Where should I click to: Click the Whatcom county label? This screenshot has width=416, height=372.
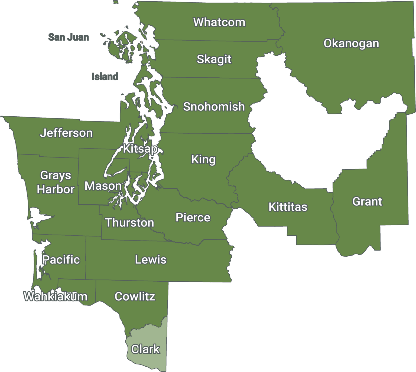(x=219, y=22)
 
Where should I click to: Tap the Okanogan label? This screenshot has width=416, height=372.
(x=351, y=44)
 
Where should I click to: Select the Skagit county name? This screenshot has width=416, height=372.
(x=214, y=59)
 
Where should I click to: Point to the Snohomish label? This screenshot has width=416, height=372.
(x=214, y=107)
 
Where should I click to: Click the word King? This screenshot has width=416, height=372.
(x=203, y=159)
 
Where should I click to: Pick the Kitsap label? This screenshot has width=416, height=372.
(x=140, y=149)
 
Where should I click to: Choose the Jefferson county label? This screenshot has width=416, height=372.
(x=66, y=133)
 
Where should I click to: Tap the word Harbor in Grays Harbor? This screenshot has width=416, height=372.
(x=56, y=189)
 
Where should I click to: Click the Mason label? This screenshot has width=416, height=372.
(x=103, y=186)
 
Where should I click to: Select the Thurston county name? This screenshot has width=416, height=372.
(x=129, y=223)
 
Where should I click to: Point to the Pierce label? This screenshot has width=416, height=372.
(x=193, y=218)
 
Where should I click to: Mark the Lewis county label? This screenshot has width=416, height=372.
(x=151, y=260)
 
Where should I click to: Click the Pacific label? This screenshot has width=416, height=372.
(x=61, y=260)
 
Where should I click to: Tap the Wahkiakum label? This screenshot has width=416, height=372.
(x=56, y=297)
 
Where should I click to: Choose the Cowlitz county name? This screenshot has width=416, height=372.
(x=135, y=297)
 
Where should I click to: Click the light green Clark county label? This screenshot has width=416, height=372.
(x=145, y=349)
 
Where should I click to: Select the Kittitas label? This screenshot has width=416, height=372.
(x=288, y=207)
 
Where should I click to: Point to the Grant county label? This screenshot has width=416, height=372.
(x=367, y=202)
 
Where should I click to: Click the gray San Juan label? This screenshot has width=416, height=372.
(x=69, y=37)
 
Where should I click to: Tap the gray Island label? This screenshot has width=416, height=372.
(x=105, y=77)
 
